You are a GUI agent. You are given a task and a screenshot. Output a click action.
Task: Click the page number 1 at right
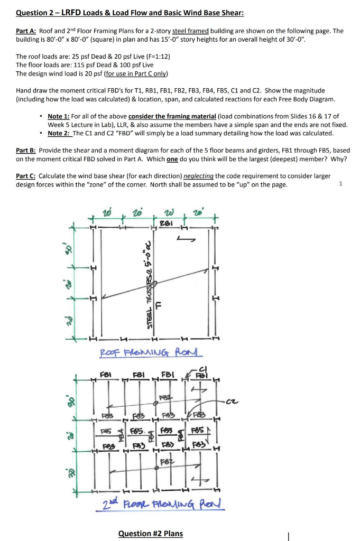(341, 183)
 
